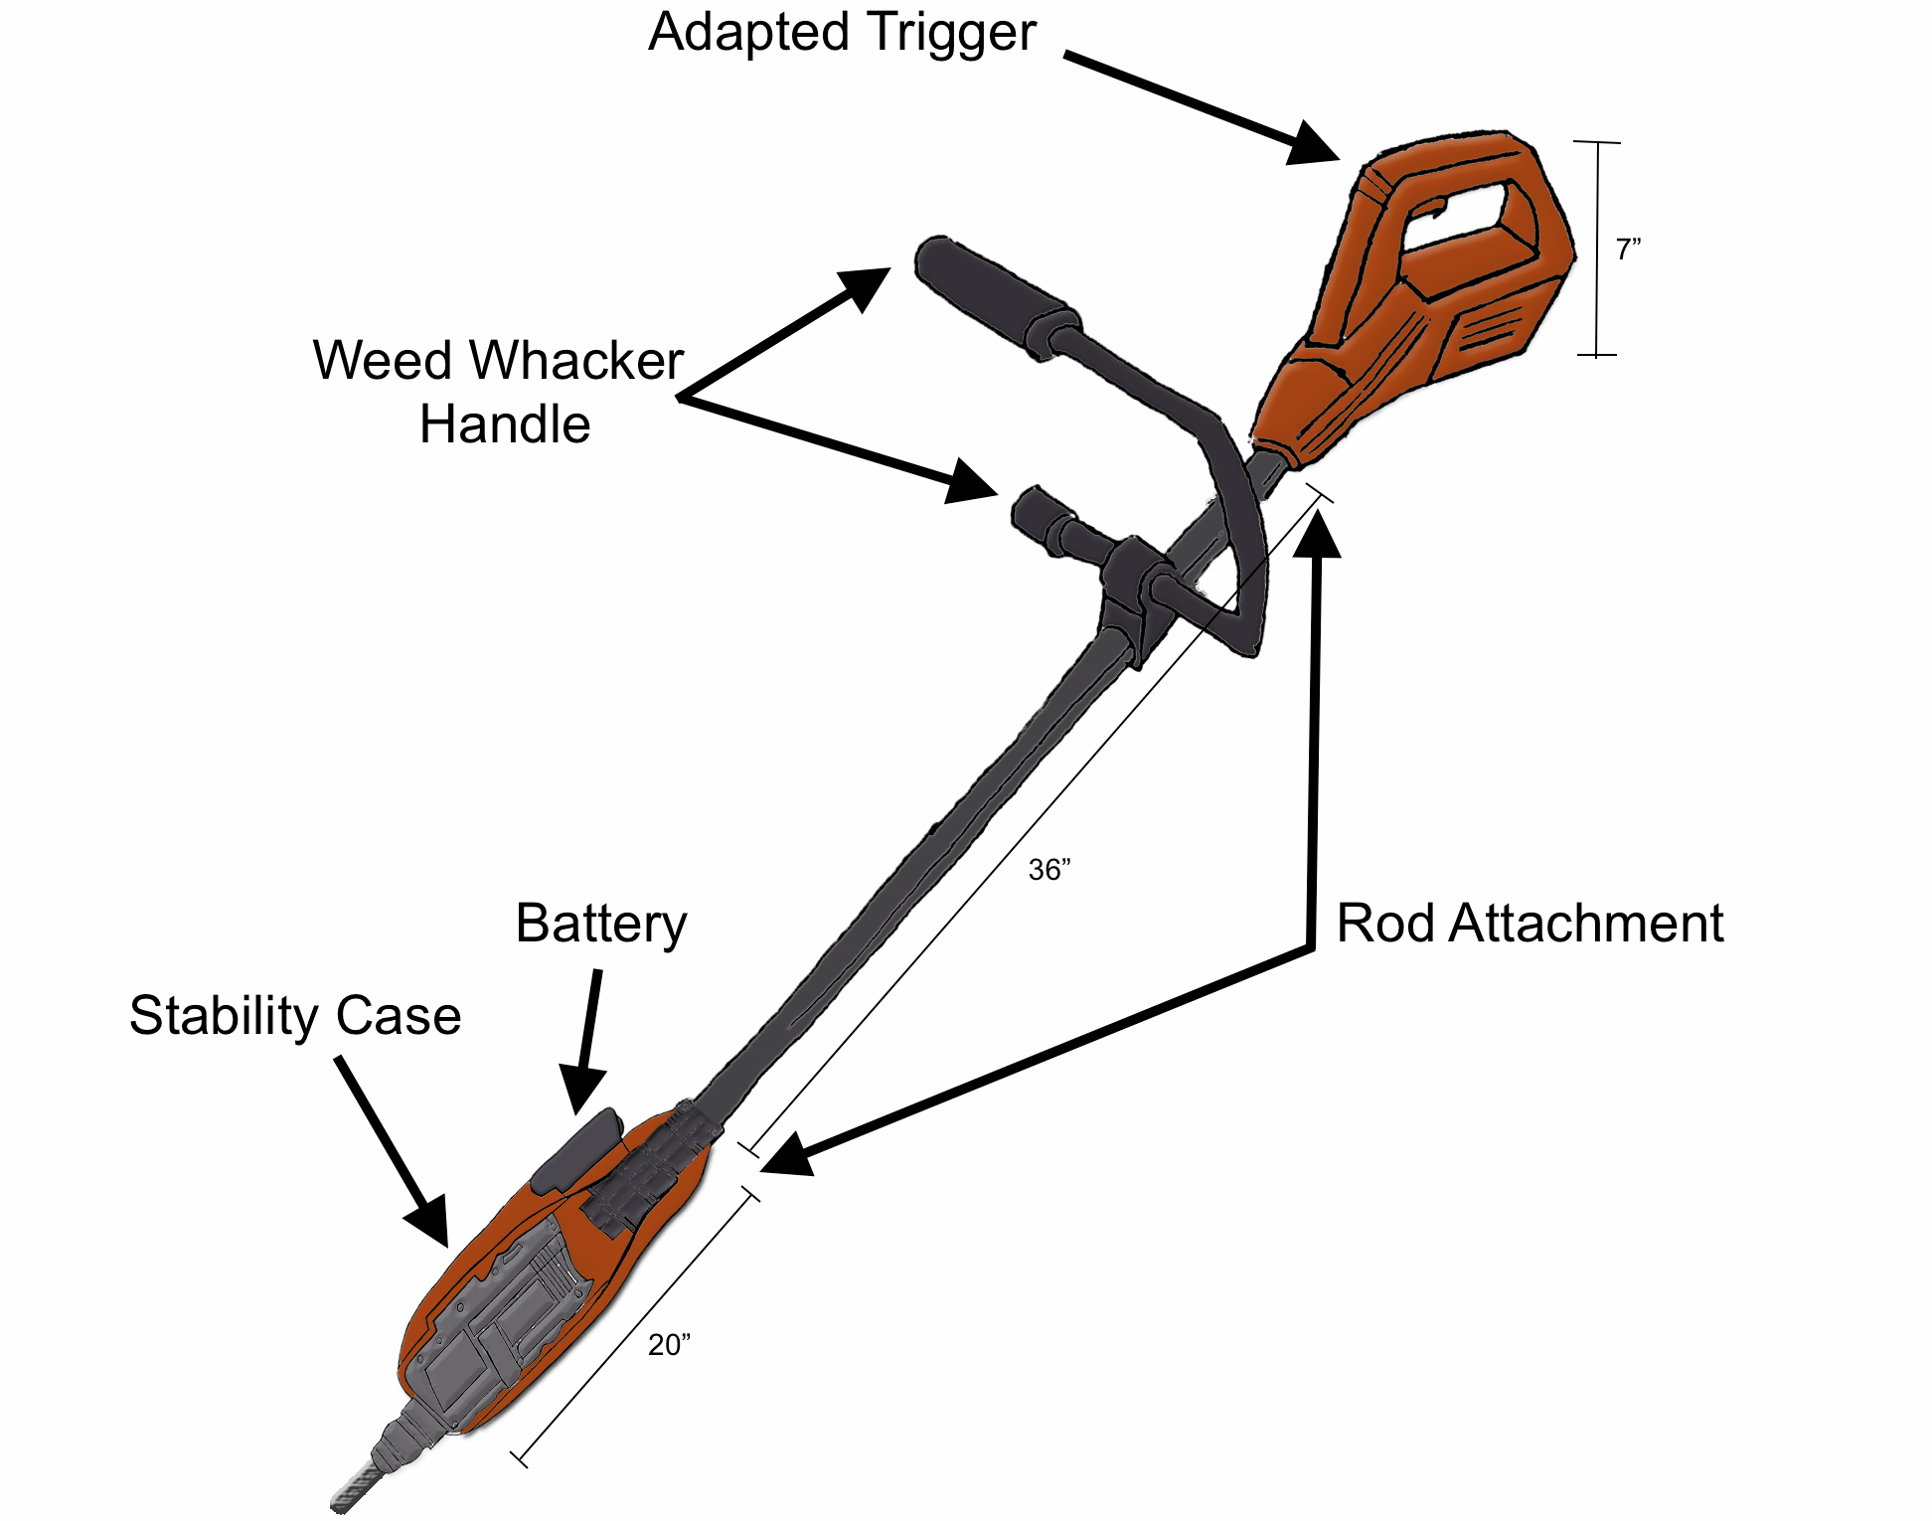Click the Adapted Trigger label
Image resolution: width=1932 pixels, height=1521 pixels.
[x=842, y=33]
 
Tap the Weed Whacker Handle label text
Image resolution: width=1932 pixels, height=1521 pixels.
[x=500, y=392]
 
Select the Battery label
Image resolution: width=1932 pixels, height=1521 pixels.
[x=600, y=924]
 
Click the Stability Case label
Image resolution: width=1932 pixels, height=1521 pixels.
[x=295, y=1016]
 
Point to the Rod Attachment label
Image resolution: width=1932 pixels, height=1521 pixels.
[x=1529, y=924]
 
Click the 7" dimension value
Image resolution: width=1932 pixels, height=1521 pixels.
[x=1628, y=250]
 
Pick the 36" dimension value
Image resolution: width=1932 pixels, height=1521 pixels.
[x=1049, y=870]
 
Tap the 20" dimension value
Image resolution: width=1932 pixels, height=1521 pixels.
[x=669, y=1345]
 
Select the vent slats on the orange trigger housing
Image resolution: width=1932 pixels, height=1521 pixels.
[x=1491, y=328]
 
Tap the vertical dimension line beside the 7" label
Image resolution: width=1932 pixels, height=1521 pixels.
[x=1597, y=249]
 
